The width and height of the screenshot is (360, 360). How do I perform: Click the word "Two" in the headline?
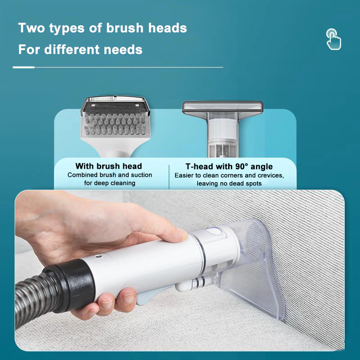pos(32,28)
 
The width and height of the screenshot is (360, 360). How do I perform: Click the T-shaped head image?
pos(222,126)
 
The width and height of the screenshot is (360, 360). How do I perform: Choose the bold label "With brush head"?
pos(109,166)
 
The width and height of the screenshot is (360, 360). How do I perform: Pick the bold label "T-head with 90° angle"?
pos(229,166)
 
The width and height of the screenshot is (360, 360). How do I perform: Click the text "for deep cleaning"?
pos(110,183)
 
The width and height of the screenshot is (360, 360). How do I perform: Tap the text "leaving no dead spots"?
pos(229,183)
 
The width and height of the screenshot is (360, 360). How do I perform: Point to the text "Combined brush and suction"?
pos(110,175)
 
